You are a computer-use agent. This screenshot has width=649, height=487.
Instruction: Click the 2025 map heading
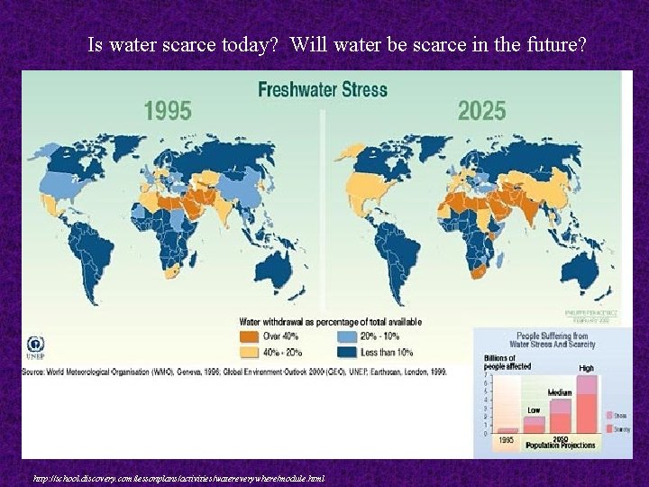(481, 111)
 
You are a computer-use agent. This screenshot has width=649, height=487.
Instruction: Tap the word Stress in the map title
(365, 90)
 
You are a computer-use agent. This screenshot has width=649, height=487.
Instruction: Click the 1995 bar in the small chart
(507, 430)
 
